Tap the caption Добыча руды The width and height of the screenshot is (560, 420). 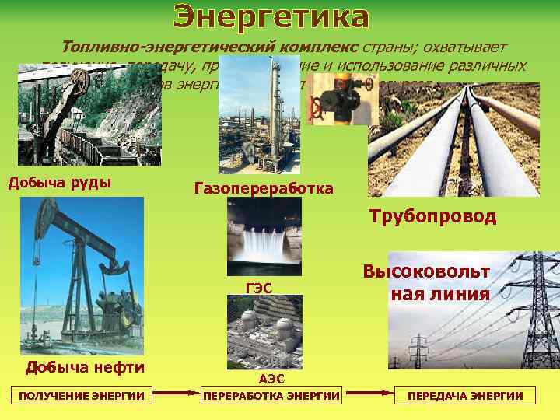click(x=58, y=184)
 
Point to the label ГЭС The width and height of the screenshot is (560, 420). click(x=258, y=288)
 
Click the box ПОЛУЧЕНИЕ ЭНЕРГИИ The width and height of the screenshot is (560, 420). click(x=82, y=396)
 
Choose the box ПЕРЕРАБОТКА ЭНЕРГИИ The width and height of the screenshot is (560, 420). click(x=271, y=396)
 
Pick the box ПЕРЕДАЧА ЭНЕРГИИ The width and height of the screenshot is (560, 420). click(x=465, y=396)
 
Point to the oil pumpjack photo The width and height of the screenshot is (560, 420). click(x=82, y=276)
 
